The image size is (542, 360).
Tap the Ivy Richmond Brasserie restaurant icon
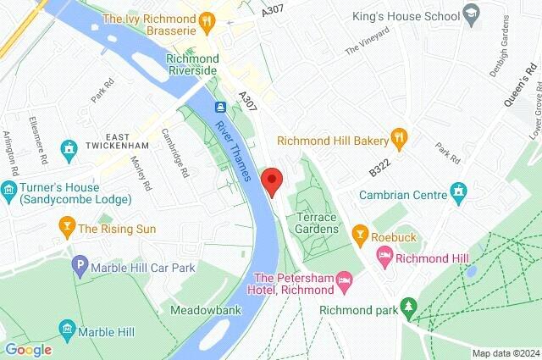[x=206, y=19]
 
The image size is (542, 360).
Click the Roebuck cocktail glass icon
[x=359, y=231]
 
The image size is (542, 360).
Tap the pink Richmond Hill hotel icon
[x=385, y=255]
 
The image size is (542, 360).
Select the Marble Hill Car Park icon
[x=80, y=265]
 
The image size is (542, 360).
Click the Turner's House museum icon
[x=10, y=188]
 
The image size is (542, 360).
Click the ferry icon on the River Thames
[x=220, y=108]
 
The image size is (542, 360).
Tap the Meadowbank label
[x=206, y=310]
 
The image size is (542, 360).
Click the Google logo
[x=28, y=349]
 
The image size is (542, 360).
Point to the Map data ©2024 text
[x=505, y=353]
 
